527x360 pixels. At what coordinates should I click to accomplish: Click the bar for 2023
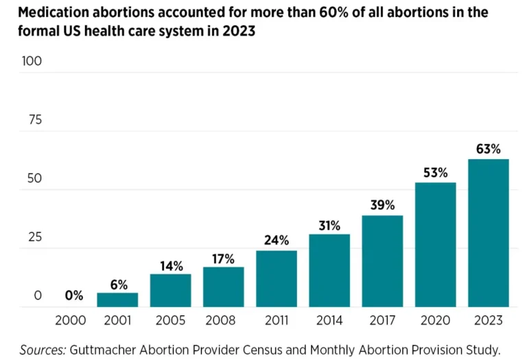(x=489, y=232)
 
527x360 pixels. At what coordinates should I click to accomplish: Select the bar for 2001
(x=117, y=300)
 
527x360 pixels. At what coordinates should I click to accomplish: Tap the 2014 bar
(x=329, y=270)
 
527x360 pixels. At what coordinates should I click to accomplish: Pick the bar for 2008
(x=224, y=287)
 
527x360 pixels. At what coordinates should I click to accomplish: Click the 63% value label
(x=489, y=149)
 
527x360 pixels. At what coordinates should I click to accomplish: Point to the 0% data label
(x=74, y=296)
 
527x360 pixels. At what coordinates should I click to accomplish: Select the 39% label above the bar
(x=382, y=205)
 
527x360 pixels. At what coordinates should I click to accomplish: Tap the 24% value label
(x=277, y=240)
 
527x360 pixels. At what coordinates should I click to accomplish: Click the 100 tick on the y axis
(x=32, y=61)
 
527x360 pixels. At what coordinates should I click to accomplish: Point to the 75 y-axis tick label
(x=35, y=120)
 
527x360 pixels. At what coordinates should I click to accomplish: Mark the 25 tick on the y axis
(x=35, y=237)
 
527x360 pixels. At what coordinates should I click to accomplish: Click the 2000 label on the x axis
(x=71, y=320)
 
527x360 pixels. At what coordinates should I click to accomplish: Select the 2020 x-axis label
(x=435, y=320)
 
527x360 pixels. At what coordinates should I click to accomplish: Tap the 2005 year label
(x=170, y=320)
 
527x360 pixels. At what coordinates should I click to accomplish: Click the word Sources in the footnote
(x=43, y=350)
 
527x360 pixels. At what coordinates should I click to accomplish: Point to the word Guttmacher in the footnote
(x=103, y=350)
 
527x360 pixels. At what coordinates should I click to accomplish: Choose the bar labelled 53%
(x=436, y=245)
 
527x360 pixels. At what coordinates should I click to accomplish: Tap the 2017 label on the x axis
(x=382, y=320)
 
